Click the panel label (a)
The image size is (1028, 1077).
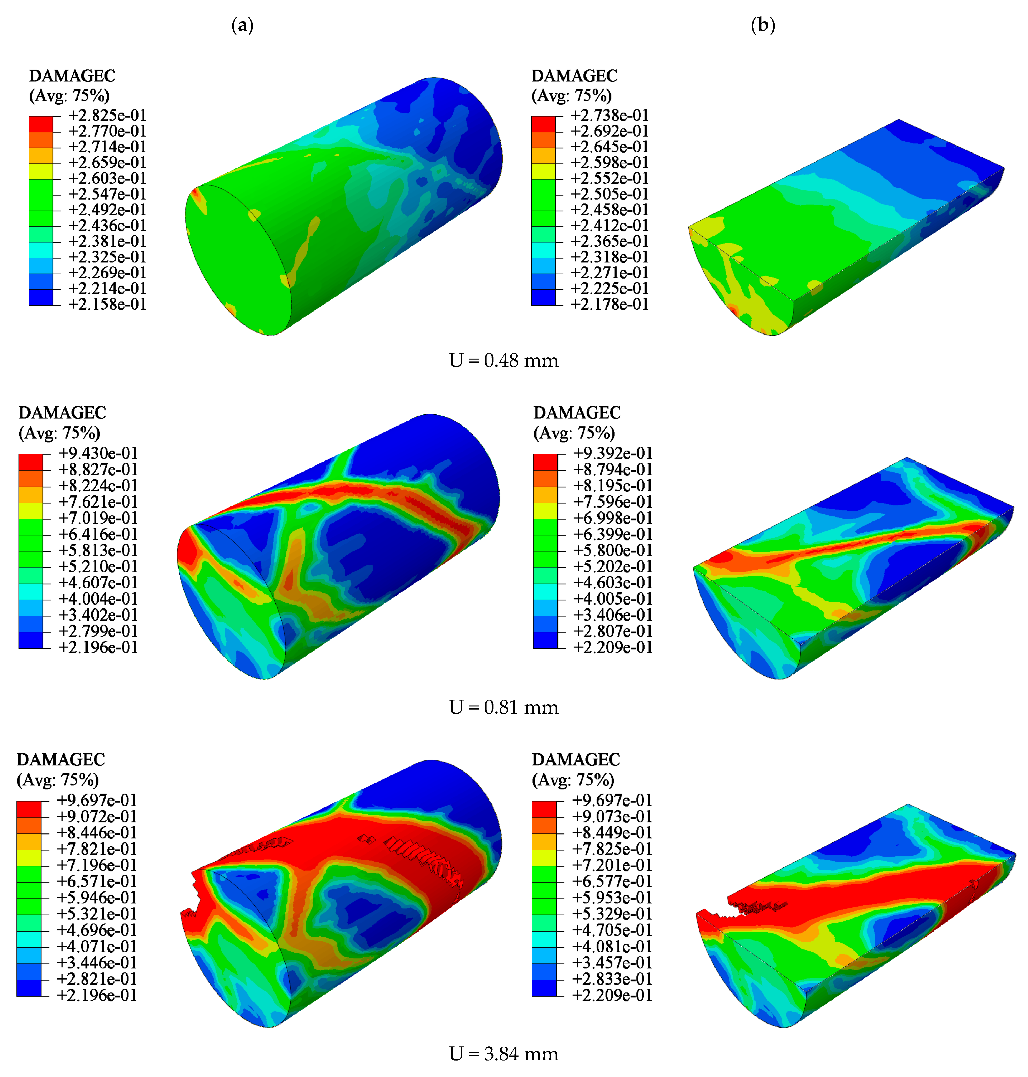point(243,25)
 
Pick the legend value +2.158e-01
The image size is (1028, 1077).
point(107,304)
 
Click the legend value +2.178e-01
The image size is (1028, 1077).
point(610,304)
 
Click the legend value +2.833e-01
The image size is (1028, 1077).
point(612,979)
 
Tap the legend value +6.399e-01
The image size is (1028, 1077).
point(613,534)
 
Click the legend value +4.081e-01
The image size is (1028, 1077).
point(612,947)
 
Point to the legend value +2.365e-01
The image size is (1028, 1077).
point(610,241)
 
